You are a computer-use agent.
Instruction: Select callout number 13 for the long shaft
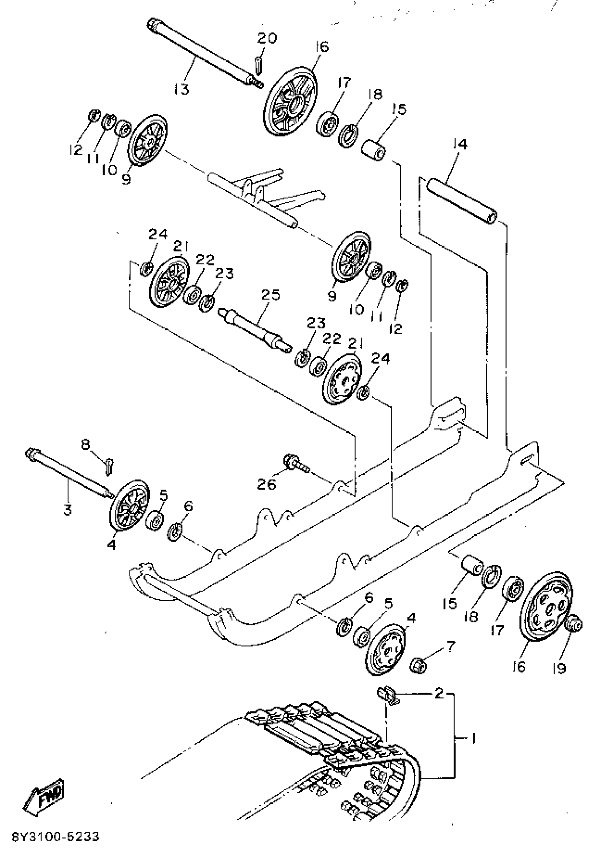pyautogui.click(x=181, y=89)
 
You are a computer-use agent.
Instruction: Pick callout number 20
pyautogui.click(x=267, y=38)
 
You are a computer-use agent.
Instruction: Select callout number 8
pyautogui.click(x=85, y=444)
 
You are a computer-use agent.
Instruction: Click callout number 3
pyautogui.click(x=67, y=510)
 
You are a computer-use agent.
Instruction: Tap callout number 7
pyautogui.click(x=450, y=646)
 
